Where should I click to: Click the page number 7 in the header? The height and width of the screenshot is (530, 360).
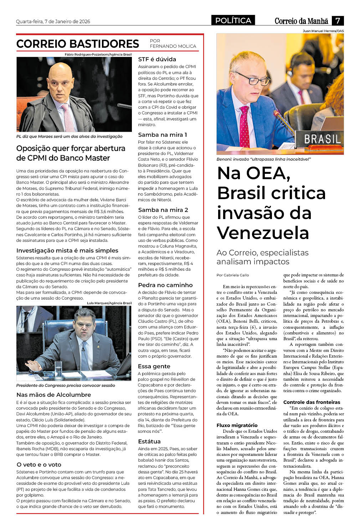tap(338, 20)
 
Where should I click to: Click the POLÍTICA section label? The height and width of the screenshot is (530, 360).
tap(233, 20)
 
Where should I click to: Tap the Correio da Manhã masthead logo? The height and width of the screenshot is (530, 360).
tap(301, 21)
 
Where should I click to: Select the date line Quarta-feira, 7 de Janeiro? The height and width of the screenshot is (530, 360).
tap(53, 21)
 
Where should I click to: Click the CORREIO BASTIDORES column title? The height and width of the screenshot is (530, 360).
tap(78, 44)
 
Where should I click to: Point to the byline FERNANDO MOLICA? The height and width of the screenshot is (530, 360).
tap(173, 46)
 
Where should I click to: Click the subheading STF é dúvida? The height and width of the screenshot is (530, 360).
tap(157, 59)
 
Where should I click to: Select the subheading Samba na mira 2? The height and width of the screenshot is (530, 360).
tap(163, 210)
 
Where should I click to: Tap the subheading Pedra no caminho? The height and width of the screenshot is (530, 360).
tap(165, 285)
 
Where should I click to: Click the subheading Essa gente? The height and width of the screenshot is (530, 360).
tap(154, 366)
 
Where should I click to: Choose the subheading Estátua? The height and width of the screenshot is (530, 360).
tap(149, 441)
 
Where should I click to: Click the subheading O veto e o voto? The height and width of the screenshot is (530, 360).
tap(39, 464)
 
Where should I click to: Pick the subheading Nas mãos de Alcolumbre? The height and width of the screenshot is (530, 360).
tap(53, 395)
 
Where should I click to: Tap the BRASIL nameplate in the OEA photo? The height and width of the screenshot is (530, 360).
tap(322, 139)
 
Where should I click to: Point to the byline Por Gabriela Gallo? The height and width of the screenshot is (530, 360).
tap(233, 275)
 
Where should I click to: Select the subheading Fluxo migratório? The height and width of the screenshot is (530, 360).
tap(237, 425)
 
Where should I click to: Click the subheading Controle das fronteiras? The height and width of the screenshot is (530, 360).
tap(312, 402)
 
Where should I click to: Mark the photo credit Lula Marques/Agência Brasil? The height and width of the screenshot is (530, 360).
tap(109, 303)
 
